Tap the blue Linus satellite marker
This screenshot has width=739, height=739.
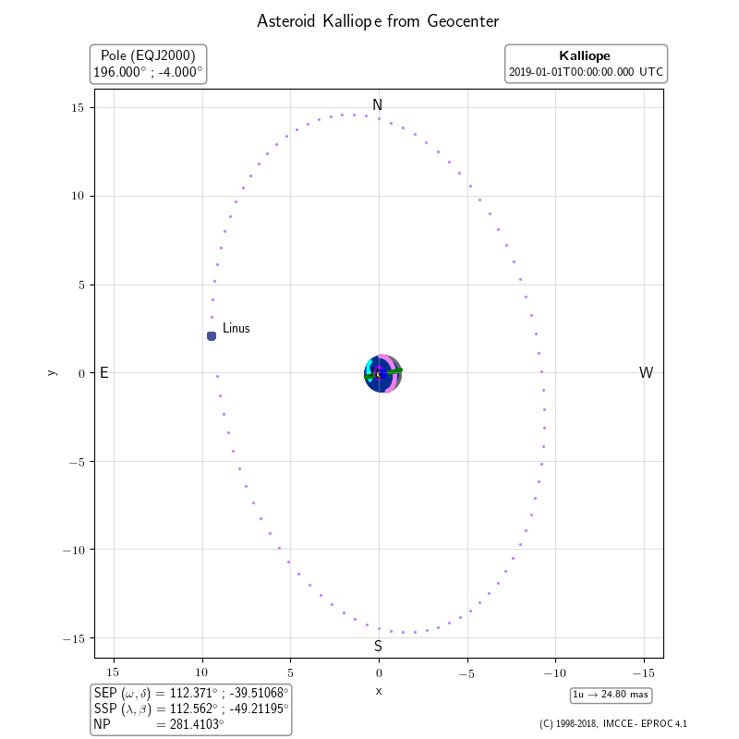[x=212, y=336]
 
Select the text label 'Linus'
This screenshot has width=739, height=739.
[x=236, y=328]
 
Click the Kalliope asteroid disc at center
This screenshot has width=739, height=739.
[x=382, y=373]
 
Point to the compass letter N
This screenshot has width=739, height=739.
[x=377, y=105]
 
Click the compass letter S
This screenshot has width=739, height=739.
[x=378, y=647]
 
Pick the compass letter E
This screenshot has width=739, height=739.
[x=104, y=373]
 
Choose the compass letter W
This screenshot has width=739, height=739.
[x=646, y=373]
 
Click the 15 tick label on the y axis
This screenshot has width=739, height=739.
[x=79, y=108]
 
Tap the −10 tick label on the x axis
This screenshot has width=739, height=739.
[x=555, y=673]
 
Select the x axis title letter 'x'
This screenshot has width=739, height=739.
[x=378, y=690]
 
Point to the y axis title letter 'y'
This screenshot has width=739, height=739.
[x=52, y=372]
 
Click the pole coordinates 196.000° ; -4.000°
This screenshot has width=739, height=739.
[x=148, y=72]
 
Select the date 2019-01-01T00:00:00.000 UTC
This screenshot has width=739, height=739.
[x=586, y=72]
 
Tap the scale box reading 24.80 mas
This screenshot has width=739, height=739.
[x=611, y=695]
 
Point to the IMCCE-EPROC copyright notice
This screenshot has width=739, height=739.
[x=612, y=724]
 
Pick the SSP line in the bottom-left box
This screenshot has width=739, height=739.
[x=191, y=709]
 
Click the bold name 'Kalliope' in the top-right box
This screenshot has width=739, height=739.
[x=585, y=55]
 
